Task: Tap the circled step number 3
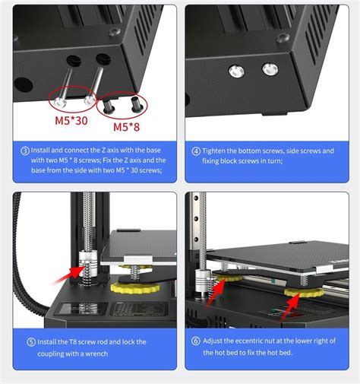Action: [x=25, y=151]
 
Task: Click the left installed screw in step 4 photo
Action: [x=236, y=70]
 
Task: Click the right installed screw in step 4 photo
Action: [x=269, y=70]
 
